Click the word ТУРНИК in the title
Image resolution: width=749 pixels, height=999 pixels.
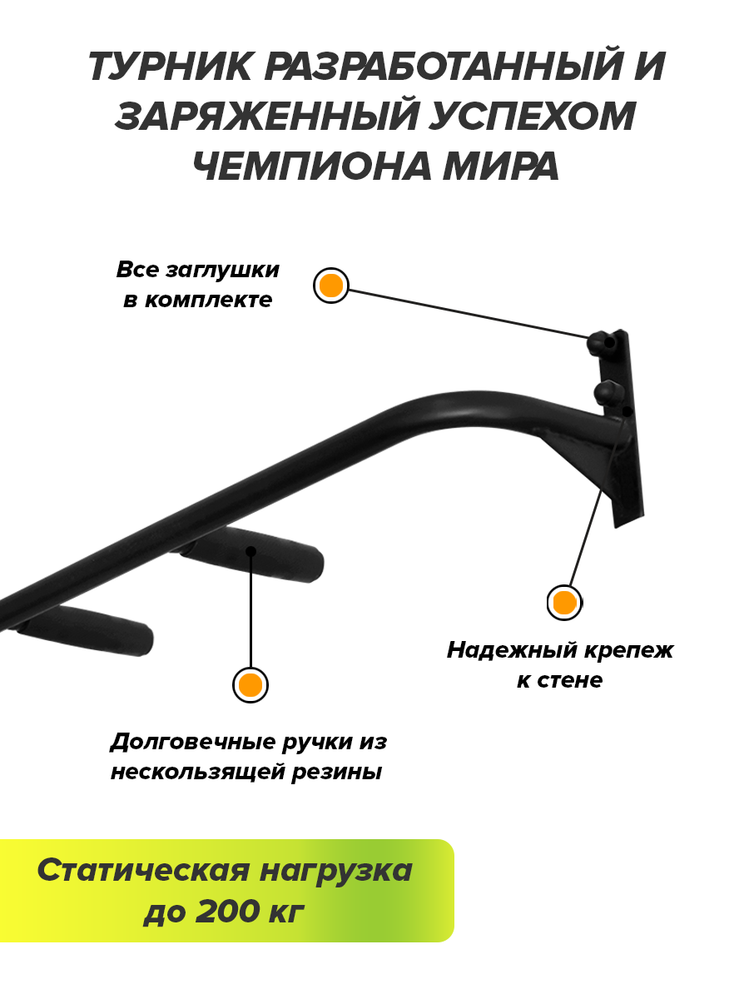point(169,67)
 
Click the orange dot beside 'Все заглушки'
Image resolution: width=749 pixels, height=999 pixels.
point(331,286)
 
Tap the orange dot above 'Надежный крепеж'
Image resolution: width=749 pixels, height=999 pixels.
point(564,602)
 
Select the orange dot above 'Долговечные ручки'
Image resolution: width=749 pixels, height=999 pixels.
point(250,685)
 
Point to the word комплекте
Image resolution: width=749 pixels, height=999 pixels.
point(208,300)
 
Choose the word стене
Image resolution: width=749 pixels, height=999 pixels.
point(571,679)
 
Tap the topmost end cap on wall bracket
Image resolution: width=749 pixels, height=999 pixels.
point(600,341)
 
